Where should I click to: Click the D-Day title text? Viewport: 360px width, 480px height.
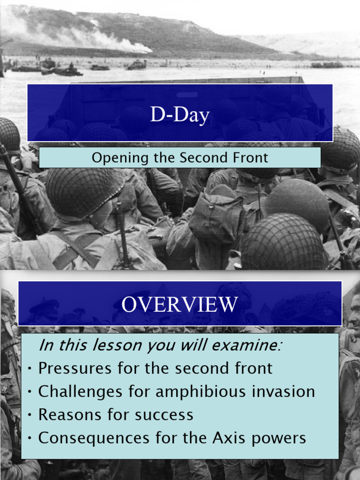click(x=180, y=115)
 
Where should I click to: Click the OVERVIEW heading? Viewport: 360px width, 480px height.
click(x=180, y=305)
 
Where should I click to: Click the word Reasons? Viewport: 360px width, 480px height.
click(x=69, y=415)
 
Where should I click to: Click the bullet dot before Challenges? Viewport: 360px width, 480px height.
click(x=30, y=392)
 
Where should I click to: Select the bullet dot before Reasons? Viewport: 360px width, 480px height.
click(x=30, y=415)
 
